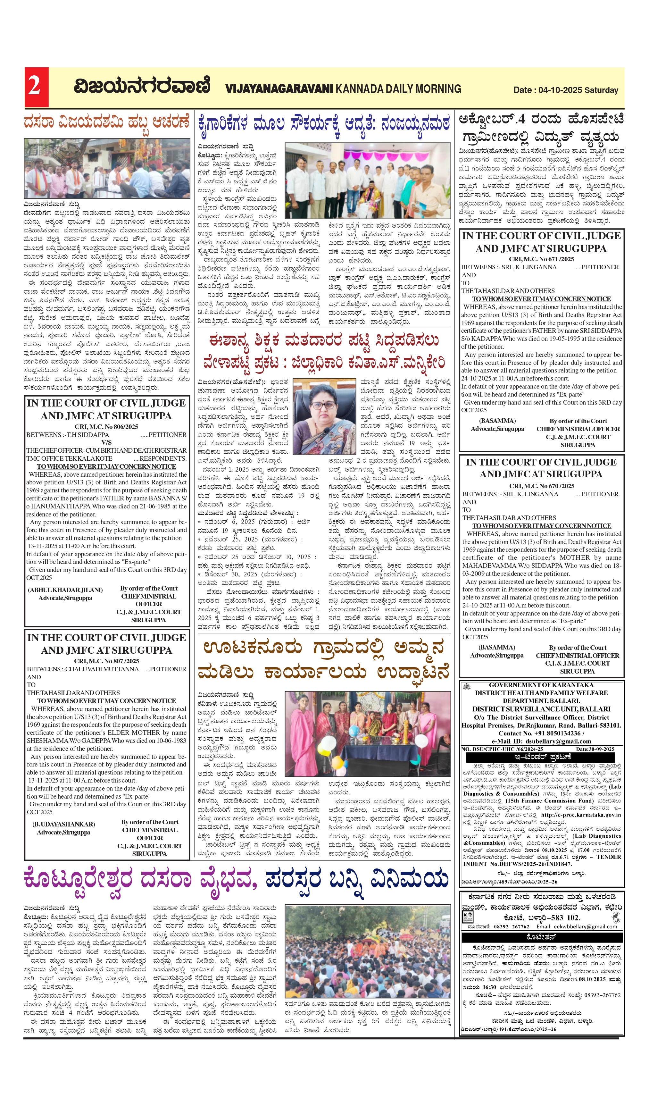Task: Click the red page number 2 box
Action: (x=36, y=87)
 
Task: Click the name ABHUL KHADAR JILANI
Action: (x=65, y=590)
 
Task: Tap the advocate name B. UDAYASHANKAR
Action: (x=64, y=824)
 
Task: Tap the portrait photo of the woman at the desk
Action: (x=324, y=416)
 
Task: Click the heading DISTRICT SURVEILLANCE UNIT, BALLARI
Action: (x=541, y=709)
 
